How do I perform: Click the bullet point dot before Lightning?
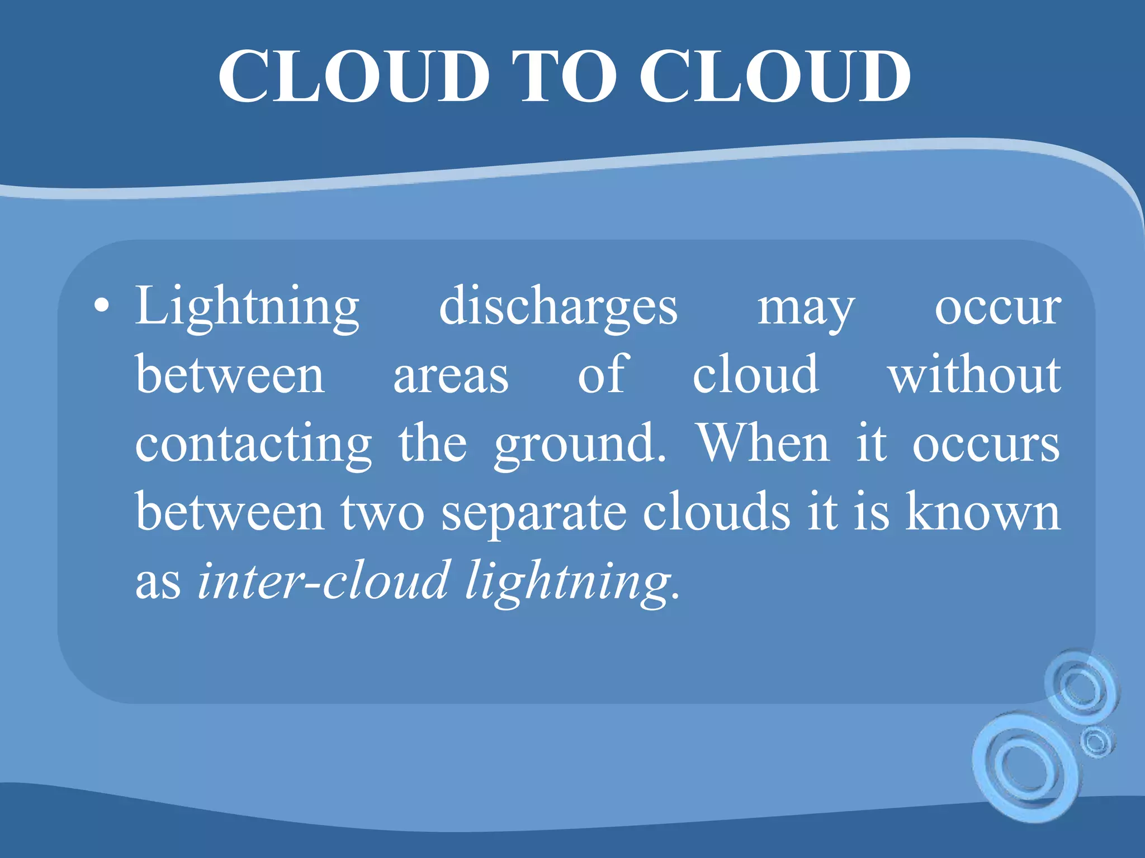tap(101, 306)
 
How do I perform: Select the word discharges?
tap(558, 307)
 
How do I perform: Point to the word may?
tap(806, 309)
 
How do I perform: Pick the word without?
tap(974, 374)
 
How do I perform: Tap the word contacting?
tap(254, 445)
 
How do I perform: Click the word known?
tap(983, 511)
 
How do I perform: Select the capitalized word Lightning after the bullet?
tap(247, 307)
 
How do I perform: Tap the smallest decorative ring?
tap(1096, 742)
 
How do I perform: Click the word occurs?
tap(986, 445)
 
